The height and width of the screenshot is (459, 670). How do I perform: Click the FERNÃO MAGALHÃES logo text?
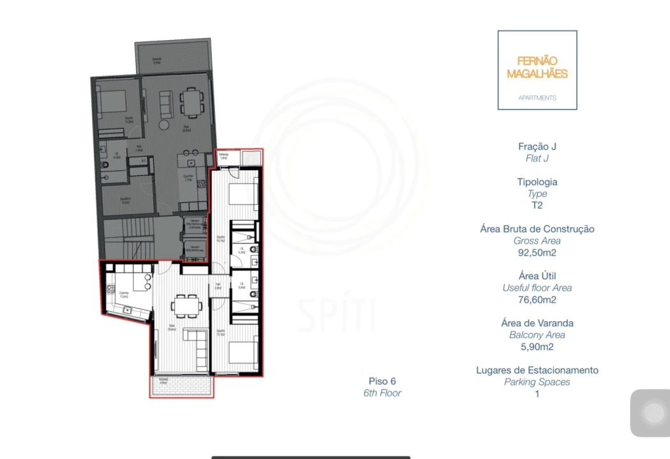point(537,67)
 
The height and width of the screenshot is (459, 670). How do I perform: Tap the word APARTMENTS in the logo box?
point(537,98)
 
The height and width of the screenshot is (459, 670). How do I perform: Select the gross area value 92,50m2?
point(537,252)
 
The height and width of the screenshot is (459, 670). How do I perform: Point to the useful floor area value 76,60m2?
point(537,300)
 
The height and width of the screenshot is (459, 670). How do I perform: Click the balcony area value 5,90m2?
point(537,347)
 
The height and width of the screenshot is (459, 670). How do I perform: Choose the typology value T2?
point(537,205)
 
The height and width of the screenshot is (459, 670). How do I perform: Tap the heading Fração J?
point(537,147)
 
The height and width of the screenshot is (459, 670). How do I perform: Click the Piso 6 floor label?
point(382,381)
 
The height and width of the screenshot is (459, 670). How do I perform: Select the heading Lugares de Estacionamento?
point(537,370)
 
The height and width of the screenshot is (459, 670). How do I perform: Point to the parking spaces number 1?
point(537,394)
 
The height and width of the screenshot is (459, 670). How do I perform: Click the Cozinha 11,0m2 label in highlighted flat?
point(123,295)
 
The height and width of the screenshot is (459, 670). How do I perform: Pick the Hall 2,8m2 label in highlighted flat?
point(218,288)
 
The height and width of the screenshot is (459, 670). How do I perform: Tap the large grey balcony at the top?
point(172,57)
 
